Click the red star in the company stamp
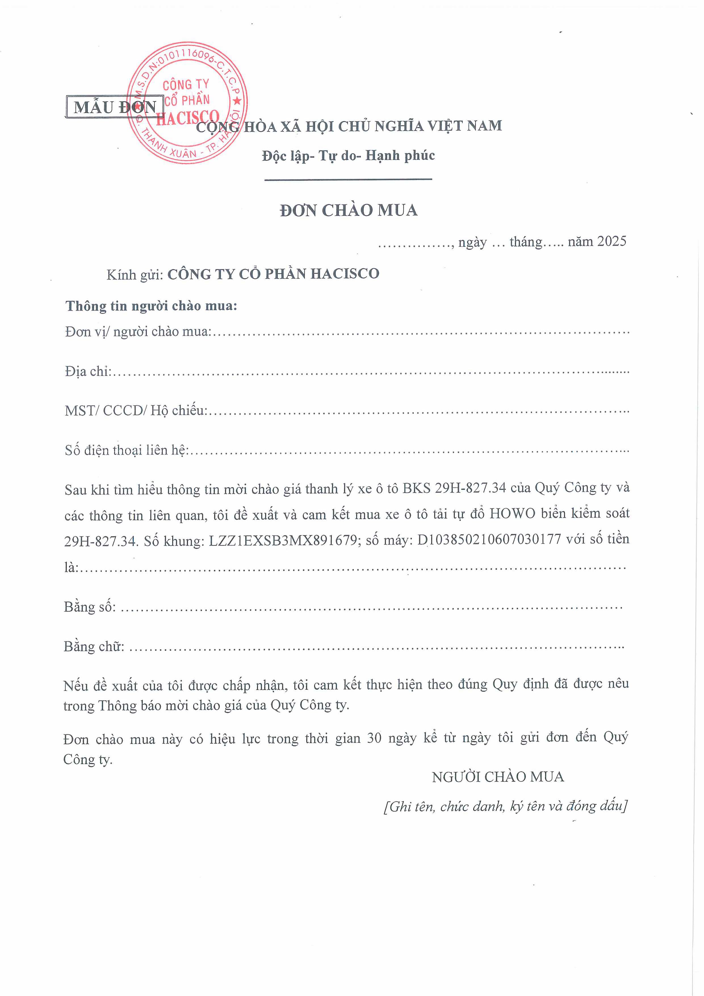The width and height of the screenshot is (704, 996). [237, 101]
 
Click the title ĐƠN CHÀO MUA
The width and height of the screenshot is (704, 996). [348, 210]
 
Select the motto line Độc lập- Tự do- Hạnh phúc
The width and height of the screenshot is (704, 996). [348, 155]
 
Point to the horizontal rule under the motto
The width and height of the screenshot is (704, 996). [348, 179]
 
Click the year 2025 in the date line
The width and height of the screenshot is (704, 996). [612, 241]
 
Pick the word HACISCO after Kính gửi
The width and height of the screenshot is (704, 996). [345, 273]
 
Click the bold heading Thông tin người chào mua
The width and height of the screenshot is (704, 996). [151, 306]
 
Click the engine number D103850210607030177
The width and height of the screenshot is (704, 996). [489, 540]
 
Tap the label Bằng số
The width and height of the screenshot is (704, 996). [90, 607]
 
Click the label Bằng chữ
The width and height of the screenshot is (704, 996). [94, 646]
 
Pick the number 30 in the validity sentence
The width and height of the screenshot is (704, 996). [374, 738]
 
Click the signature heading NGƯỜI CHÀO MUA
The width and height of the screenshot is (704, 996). [498, 777]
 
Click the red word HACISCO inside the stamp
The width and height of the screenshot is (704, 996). [188, 118]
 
